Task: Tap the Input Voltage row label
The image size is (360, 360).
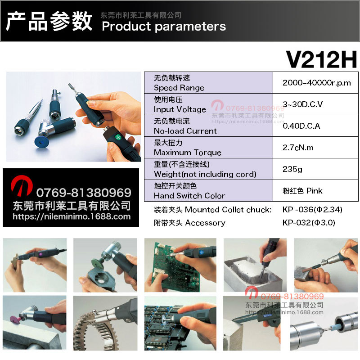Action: point(180,109)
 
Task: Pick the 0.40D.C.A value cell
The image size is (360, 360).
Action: point(301,126)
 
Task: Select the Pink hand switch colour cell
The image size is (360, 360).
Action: point(302,190)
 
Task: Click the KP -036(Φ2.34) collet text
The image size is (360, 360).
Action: point(313,210)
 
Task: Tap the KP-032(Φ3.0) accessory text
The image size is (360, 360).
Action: point(309,223)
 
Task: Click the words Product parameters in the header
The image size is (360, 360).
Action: point(164,26)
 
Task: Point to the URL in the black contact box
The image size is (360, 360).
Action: point(72,216)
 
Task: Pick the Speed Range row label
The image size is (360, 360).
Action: point(179,88)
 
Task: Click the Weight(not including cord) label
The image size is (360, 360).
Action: point(205,174)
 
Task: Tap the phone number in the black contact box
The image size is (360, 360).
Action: point(83,193)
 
